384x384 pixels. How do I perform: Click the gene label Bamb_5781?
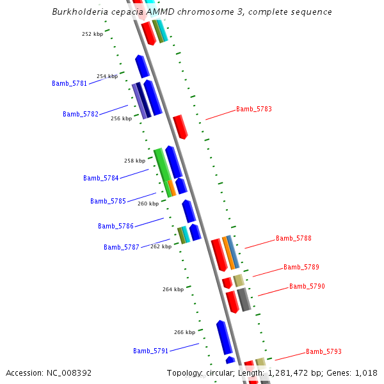click(69, 83)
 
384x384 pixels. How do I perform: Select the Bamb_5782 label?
click(81, 114)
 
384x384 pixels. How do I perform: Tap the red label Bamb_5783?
click(253, 109)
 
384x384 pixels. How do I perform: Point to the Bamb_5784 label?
click(101, 178)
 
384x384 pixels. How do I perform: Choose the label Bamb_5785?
click(108, 201)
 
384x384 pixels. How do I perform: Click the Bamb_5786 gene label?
click(116, 226)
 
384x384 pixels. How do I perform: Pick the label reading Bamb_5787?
click(122, 247)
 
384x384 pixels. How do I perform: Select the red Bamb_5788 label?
click(293, 238)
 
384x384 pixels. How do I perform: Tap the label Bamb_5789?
click(301, 267)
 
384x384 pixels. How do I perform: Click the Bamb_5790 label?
click(307, 286)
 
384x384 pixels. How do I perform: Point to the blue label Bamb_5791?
click(150, 351)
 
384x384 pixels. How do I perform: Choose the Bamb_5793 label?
click(323, 351)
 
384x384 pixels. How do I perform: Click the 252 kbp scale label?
click(92, 34)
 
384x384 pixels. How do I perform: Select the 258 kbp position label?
click(134, 161)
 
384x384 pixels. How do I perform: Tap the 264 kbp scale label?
click(173, 289)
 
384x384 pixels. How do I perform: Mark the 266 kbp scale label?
click(184, 332)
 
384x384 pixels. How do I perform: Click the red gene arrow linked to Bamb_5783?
click(180, 127)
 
